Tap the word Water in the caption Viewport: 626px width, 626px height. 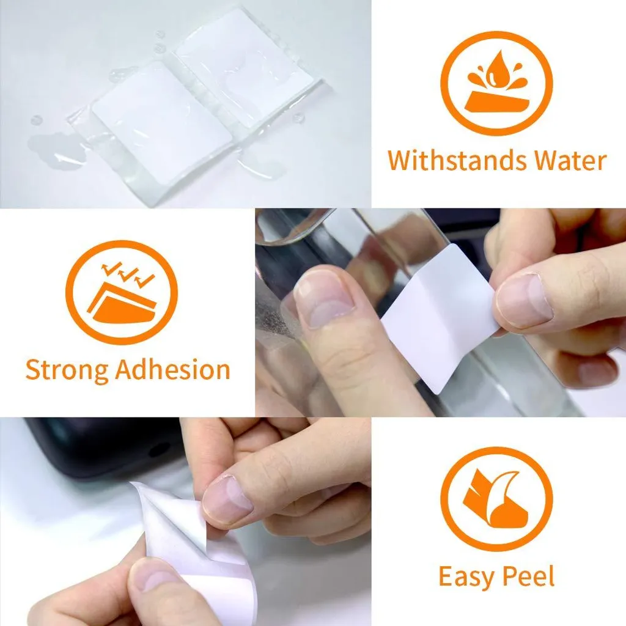coord(571,160)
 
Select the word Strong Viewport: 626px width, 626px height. coord(67,370)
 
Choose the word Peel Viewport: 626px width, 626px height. coord(528,576)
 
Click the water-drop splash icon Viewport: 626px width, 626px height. coord(496,83)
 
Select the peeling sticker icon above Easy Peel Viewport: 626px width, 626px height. coord(496,499)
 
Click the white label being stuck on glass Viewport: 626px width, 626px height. coord(439,318)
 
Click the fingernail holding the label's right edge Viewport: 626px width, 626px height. coord(524,300)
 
